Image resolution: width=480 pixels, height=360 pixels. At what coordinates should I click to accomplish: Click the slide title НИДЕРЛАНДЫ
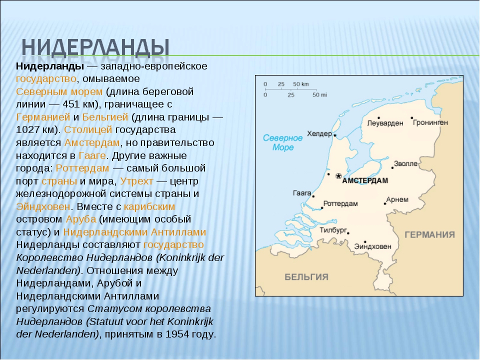pyautogui.click(x=95, y=47)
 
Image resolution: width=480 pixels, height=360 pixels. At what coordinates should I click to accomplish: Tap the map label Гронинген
pyautogui.click(x=430, y=123)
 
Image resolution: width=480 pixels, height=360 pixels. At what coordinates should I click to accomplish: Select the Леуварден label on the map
pyautogui.click(x=385, y=123)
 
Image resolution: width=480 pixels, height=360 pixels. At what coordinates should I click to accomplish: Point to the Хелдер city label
pyautogui.click(x=319, y=134)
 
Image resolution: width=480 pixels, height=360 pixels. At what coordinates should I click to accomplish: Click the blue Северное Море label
pyautogui.click(x=282, y=142)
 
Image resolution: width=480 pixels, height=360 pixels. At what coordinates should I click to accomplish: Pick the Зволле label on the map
pyautogui.click(x=405, y=164)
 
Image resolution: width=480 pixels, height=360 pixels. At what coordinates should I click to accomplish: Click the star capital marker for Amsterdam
pyautogui.click(x=338, y=176)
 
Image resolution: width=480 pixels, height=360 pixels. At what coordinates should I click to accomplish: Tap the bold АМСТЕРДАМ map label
pyautogui.click(x=365, y=180)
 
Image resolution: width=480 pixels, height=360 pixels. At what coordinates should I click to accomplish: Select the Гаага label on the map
pyautogui.click(x=302, y=193)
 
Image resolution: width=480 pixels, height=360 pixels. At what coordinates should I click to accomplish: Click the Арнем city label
pyautogui.click(x=397, y=199)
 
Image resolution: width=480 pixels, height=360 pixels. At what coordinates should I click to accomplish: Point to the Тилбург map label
pyautogui.click(x=333, y=230)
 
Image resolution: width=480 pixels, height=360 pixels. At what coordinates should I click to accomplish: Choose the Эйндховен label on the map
pyautogui.click(x=372, y=246)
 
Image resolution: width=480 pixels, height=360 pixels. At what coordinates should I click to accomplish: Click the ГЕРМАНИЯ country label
pyautogui.click(x=430, y=235)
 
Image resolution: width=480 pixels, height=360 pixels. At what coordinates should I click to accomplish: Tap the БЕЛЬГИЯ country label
pyautogui.click(x=306, y=277)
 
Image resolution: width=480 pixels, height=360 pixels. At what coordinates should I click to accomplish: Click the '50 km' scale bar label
pyautogui.click(x=301, y=84)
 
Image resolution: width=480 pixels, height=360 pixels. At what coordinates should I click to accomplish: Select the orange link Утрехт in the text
pyautogui.click(x=136, y=181)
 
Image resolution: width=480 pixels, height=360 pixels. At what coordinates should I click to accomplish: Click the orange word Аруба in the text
pyautogui.click(x=81, y=219)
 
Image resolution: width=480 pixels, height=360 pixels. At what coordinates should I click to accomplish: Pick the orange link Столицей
pyautogui.click(x=88, y=130)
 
